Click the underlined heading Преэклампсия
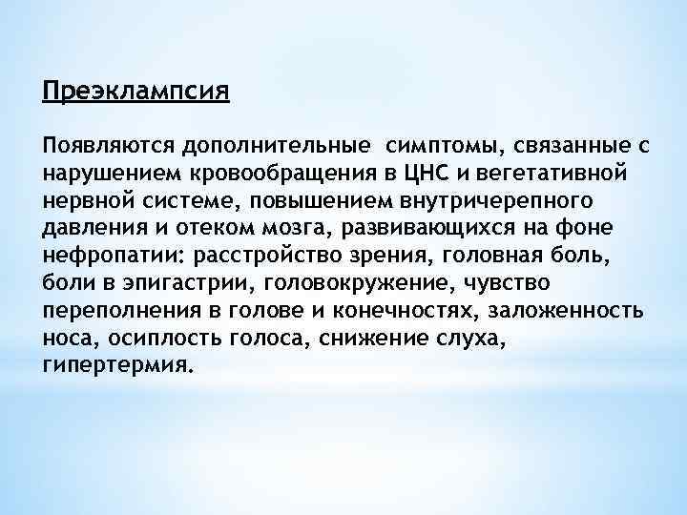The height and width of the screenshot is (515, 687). pos(136,93)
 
